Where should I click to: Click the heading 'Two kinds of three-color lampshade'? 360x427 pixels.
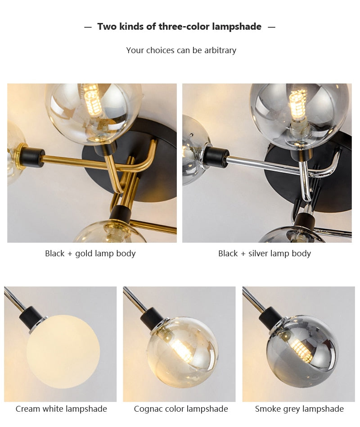pos(179,27)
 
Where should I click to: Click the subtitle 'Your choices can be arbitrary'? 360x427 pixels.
pos(181,50)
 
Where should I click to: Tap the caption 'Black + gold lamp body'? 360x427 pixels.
pos(90,254)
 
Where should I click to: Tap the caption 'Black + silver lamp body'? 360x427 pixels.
pos(264,254)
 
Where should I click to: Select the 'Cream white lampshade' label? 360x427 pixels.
pos(61,409)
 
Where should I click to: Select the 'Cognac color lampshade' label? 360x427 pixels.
pos(180,409)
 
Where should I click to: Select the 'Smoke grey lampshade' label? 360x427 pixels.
pos(299,409)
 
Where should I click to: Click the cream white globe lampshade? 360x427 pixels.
pos(63,351)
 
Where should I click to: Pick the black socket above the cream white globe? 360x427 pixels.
pos(31,317)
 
